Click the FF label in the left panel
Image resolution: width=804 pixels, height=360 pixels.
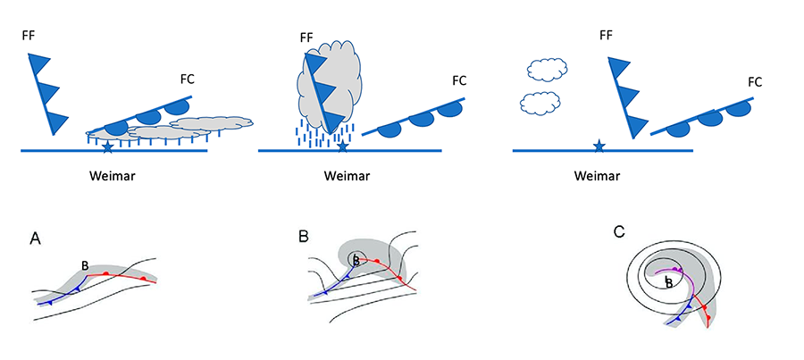tap(29, 36)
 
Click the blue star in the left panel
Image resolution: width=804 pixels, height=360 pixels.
tap(107, 146)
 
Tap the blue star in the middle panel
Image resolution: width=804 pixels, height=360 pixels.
tap(342, 146)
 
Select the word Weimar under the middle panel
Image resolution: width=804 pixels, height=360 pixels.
tap(346, 175)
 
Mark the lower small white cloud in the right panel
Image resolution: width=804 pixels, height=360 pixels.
tap(540, 103)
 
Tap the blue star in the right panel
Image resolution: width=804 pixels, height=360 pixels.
tap(599, 146)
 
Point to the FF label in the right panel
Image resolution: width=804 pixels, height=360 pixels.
tap(606, 36)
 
